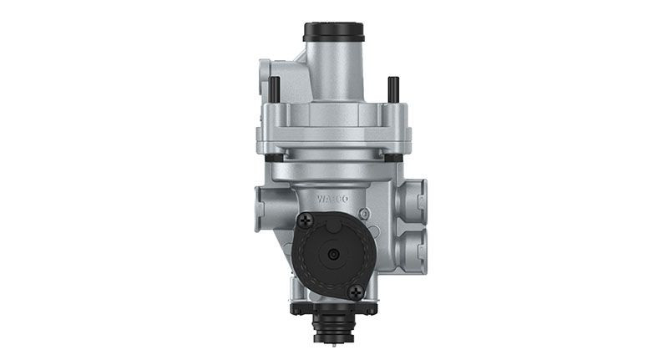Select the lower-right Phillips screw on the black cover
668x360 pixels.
pyautogui.click(x=357, y=291)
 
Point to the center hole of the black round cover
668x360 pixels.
pyautogui.click(x=333, y=255)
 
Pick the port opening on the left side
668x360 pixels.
pyautogui.click(x=266, y=203)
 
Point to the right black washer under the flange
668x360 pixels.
pyautogui.click(x=390, y=156)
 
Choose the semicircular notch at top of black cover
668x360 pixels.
pyautogui.click(x=332, y=218)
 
